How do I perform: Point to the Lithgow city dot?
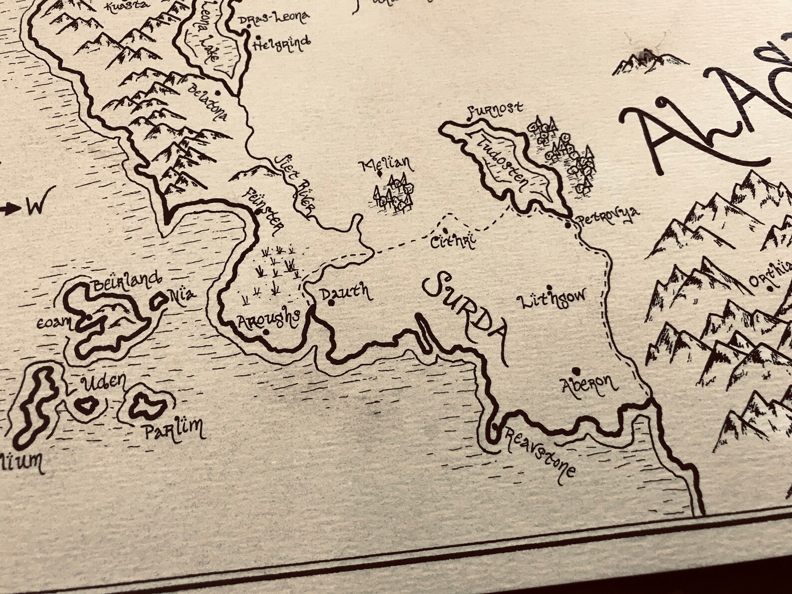coord(550,288)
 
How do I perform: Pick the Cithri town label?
coord(451,241)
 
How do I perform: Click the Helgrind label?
coord(282,45)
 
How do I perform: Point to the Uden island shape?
coord(88,406)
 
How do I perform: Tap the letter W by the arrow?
coord(34,206)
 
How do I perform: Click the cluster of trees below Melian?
coord(395,194)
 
